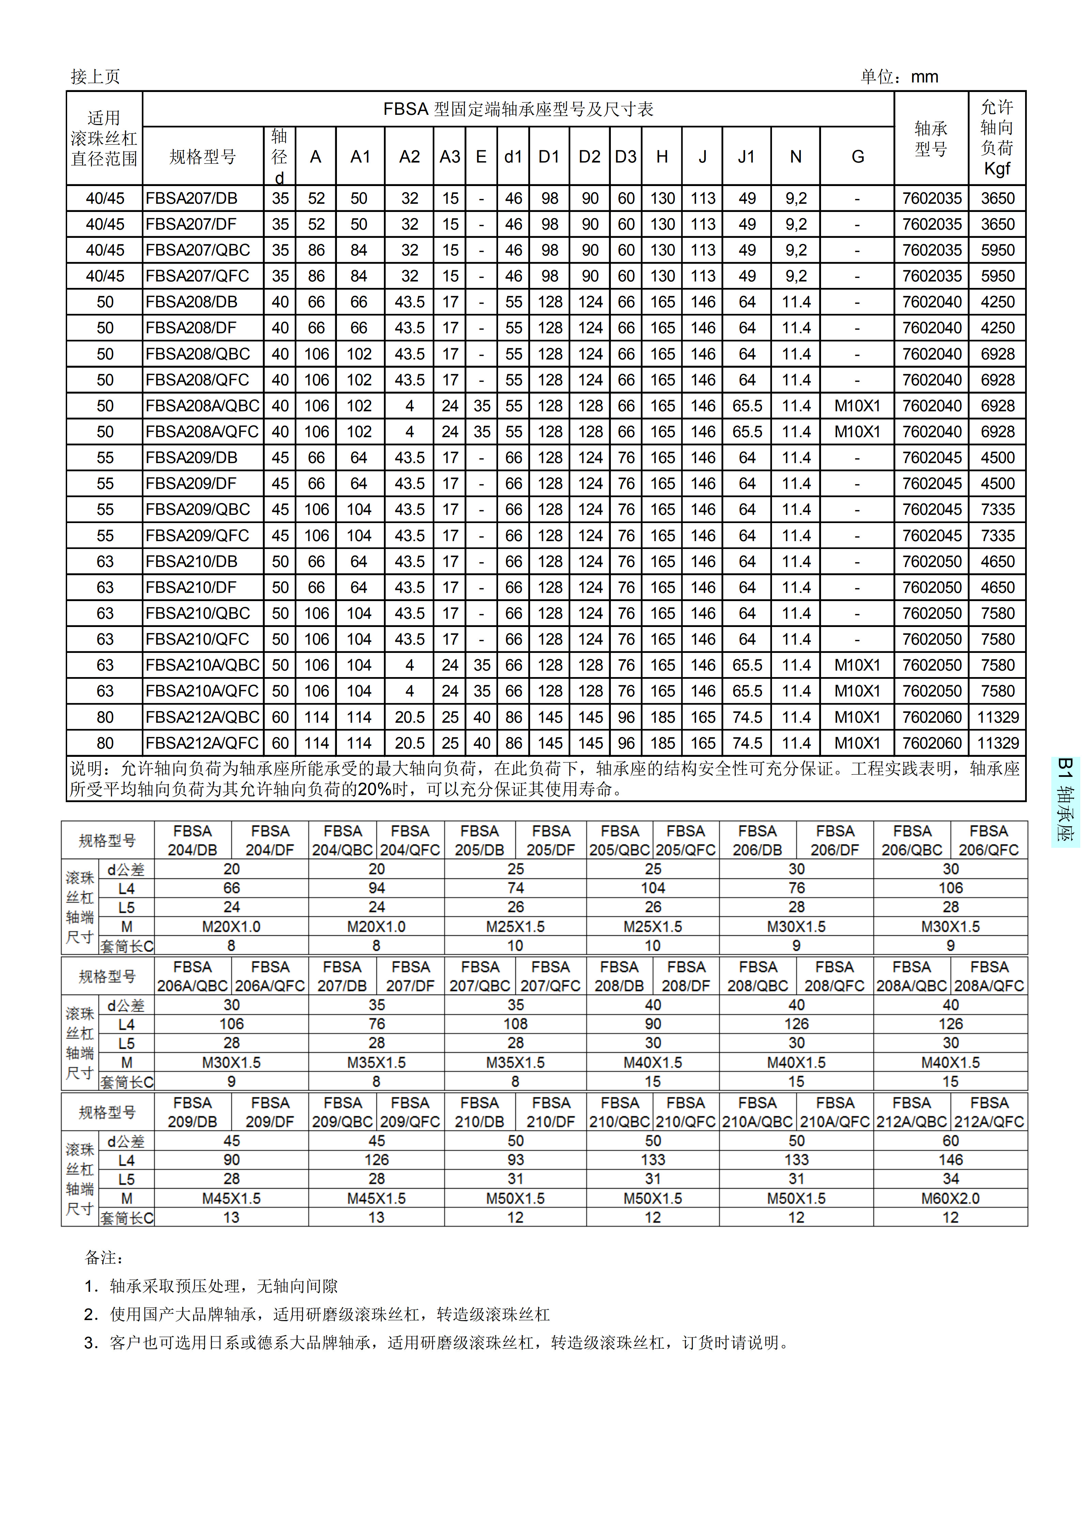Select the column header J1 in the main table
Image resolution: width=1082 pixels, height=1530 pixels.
coord(746,157)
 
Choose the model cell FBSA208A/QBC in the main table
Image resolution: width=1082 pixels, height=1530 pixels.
coord(203,406)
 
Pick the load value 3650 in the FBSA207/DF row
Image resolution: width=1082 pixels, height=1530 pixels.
coord(998,225)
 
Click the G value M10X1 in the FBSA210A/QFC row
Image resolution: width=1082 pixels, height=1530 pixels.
coord(857,691)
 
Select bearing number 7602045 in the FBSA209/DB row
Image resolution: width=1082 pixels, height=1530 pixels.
coord(931,458)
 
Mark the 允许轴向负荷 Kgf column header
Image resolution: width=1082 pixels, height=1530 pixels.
coord(997,138)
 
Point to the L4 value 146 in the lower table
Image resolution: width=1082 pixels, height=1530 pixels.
coord(950,1160)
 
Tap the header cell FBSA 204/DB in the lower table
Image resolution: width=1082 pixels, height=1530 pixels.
coord(192,840)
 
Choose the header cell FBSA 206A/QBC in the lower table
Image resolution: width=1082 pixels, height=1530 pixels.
coord(192,976)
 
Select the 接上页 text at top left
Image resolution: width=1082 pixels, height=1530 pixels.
coord(95,77)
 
